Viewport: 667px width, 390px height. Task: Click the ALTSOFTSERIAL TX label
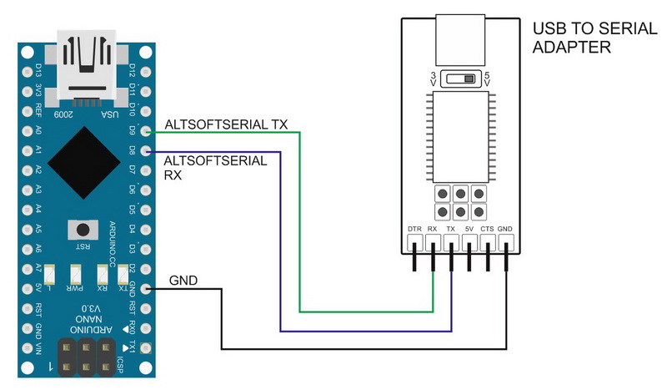point(226,124)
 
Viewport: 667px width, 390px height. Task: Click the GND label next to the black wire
point(183,281)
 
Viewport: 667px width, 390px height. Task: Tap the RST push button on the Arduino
point(81,230)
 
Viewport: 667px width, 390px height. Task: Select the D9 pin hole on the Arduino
point(147,131)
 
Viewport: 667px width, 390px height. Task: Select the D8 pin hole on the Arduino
point(147,151)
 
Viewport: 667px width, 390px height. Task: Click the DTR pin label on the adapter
point(414,229)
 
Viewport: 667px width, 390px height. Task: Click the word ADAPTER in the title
point(572,48)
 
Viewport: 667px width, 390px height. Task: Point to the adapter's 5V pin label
point(470,229)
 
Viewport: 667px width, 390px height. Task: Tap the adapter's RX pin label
point(433,229)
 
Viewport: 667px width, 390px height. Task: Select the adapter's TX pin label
point(451,229)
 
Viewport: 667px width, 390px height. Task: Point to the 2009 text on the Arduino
point(63,114)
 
